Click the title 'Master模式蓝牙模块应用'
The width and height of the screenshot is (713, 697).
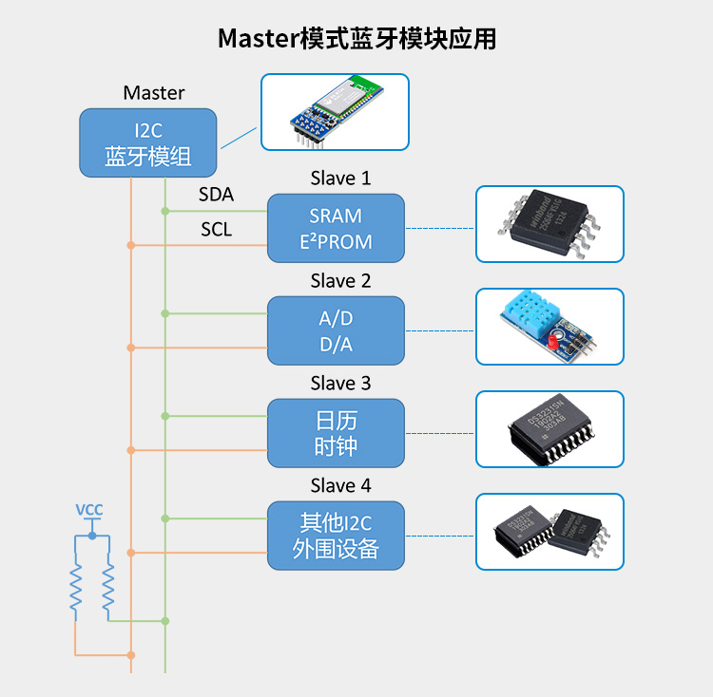pos(356,39)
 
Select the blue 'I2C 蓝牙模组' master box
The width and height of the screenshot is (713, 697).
pos(147,142)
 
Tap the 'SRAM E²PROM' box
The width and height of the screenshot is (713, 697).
pos(336,229)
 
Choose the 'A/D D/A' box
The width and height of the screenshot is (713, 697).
pos(336,330)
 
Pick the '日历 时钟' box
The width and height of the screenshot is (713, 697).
pos(336,433)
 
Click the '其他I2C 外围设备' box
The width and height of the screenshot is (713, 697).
pos(336,536)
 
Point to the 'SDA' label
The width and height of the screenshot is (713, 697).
pos(216,195)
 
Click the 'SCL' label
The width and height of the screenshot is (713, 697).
pos(216,229)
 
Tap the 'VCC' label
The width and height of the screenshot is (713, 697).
pos(89,510)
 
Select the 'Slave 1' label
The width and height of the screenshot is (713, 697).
pos(340,179)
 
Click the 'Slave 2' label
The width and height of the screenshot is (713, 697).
pos(340,281)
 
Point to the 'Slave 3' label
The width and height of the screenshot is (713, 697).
pos(340,384)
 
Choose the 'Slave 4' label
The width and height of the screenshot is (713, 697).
pos(340,486)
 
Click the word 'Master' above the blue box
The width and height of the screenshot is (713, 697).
pos(154,93)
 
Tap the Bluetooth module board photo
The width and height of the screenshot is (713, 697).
pos(335,112)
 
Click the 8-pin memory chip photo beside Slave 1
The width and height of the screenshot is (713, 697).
pos(549,224)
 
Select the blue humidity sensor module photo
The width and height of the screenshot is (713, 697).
pos(549,327)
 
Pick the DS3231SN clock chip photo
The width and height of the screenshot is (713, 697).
pos(549,429)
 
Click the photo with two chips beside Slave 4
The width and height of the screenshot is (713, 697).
pos(549,532)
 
